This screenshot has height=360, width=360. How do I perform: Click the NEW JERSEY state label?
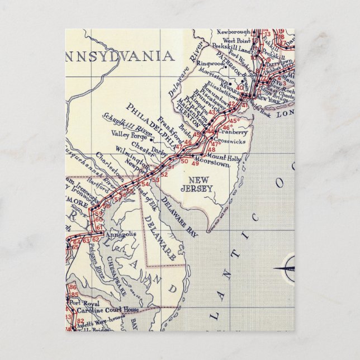point(201,184)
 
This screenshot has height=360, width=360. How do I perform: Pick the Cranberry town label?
point(233,132)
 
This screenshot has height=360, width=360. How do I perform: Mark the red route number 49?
point(195,163)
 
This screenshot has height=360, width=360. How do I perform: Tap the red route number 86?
point(73,287)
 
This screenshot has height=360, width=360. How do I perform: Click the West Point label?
point(236,41)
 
